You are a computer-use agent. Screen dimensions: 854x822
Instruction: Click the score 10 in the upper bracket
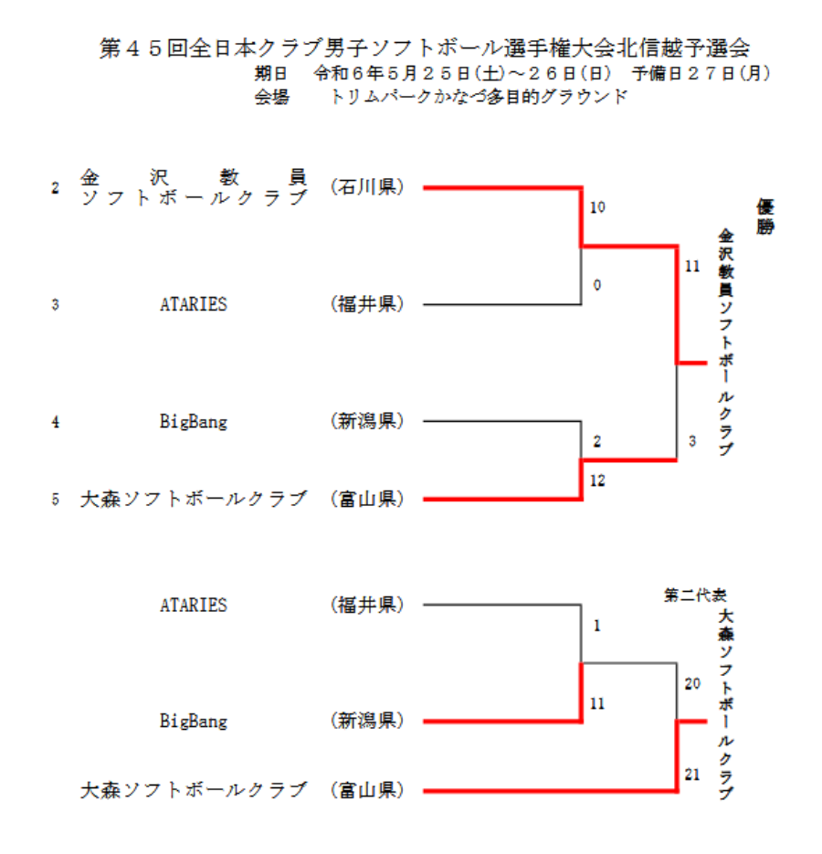pyautogui.click(x=597, y=208)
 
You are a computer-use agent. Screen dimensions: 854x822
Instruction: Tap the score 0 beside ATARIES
pyautogui.click(x=597, y=286)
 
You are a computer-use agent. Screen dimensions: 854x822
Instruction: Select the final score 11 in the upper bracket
pyautogui.click(x=691, y=268)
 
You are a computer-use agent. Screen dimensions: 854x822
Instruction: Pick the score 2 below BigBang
pyautogui.click(x=597, y=442)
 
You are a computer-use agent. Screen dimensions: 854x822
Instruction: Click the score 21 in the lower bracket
pyautogui.click(x=691, y=775)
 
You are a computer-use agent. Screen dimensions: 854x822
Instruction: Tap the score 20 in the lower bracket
pyautogui.click(x=691, y=683)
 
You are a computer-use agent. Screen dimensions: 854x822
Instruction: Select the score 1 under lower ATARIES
pyautogui.click(x=597, y=627)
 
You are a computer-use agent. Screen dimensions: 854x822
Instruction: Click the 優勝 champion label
pyautogui.click(x=764, y=217)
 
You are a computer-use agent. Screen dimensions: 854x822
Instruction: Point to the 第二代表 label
pyautogui.click(x=695, y=595)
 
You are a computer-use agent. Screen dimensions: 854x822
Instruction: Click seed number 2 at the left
pyautogui.click(x=56, y=189)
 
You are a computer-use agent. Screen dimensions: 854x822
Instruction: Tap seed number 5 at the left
pyautogui.click(x=56, y=500)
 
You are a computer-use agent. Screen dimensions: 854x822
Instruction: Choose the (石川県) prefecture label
pyautogui.click(x=366, y=187)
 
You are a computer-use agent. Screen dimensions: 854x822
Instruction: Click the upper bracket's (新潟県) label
pyautogui.click(x=366, y=421)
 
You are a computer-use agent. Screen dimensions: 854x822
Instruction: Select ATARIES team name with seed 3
pyautogui.click(x=194, y=305)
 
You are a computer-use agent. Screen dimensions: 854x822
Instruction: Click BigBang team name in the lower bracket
pyautogui.click(x=194, y=722)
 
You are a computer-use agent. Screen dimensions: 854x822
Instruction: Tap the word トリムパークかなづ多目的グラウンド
pyautogui.click(x=479, y=96)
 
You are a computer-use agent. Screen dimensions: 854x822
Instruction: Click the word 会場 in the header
pyautogui.click(x=271, y=96)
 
